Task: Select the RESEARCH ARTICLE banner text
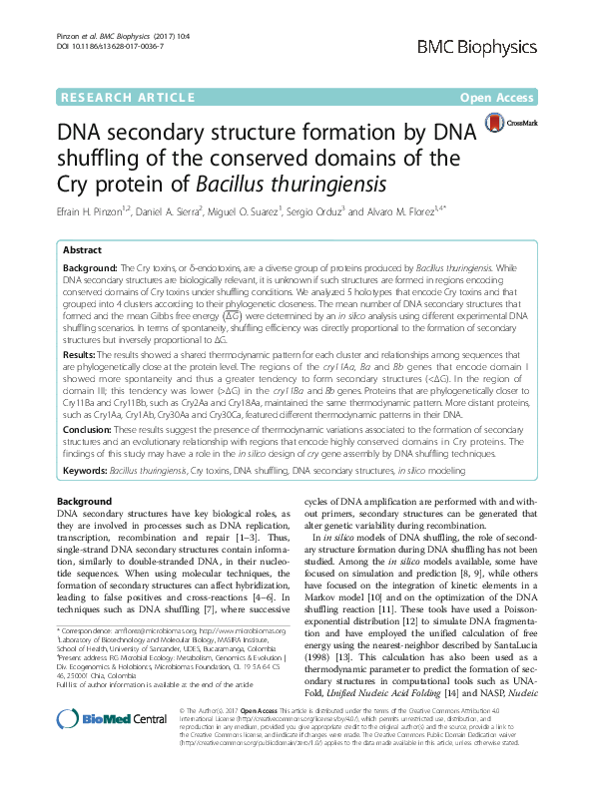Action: (115, 98)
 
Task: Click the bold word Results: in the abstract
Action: (81, 353)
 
